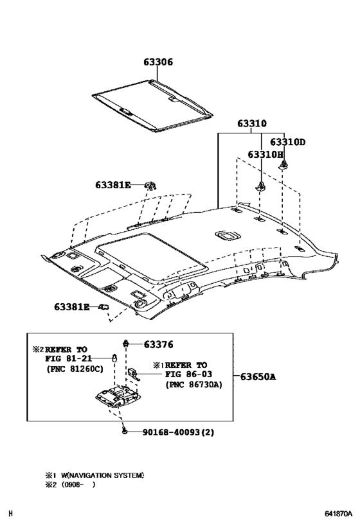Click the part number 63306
(157, 62)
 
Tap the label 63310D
(287, 142)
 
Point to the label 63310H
(265, 155)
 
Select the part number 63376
(158, 345)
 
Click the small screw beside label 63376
(127, 345)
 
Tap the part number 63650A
(258, 376)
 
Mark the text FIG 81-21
(69, 358)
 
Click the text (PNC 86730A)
(193, 385)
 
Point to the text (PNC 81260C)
(75, 369)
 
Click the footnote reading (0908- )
(78, 485)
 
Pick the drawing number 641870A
(337, 514)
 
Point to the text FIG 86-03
(188, 374)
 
